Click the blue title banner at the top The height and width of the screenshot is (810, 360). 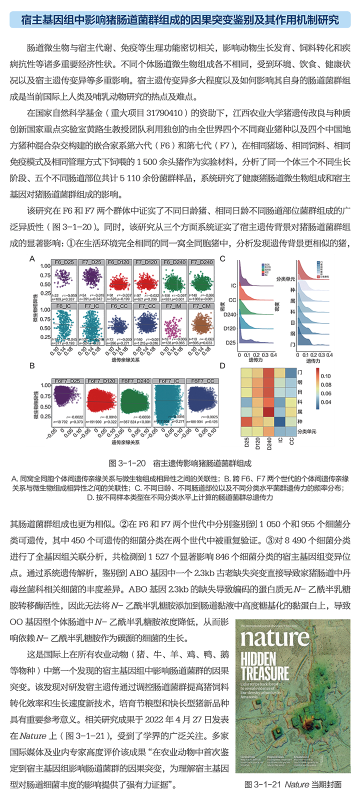coord(180,20)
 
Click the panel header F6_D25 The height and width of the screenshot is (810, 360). coord(64,262)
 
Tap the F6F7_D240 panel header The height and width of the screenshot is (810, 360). coord(136,380)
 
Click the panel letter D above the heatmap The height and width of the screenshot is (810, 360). coord(222,366)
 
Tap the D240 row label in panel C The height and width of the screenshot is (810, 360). coord(230,314)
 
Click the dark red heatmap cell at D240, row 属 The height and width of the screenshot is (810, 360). coord(269,411)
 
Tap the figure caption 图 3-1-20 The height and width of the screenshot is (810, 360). coord(180,463)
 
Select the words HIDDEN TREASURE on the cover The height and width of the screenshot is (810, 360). coord(264,665)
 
